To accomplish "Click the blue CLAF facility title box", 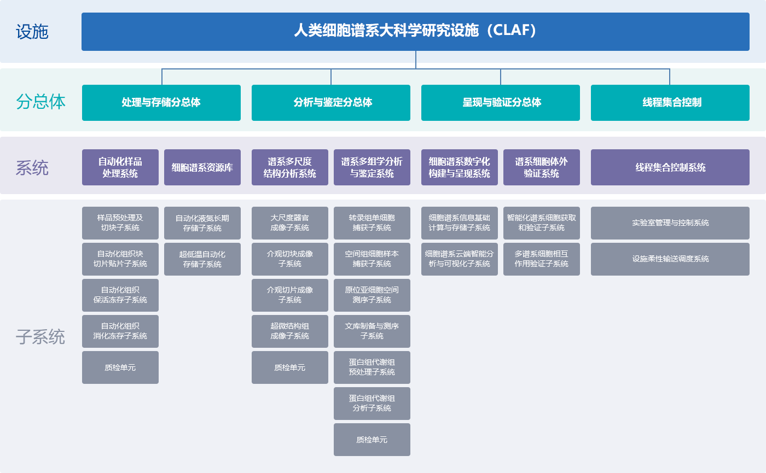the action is point(415,32).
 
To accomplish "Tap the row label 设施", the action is point(32,32).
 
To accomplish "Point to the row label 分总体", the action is point(40,102).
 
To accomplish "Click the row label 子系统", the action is point(40,337).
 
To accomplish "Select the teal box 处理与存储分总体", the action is point(161,103).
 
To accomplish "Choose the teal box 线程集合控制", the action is point(670,103).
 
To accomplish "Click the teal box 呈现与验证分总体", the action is point(501,103).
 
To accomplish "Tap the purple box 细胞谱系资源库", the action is point(202,167).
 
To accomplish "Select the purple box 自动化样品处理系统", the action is point(120,167).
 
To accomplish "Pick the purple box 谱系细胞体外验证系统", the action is point(542,167).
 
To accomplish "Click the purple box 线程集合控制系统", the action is point(670,167).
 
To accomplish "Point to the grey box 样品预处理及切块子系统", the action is point(120,223).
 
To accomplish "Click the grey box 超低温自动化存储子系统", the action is point(202,259).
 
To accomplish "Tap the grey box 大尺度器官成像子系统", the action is point(290,223).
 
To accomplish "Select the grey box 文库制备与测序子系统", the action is point(372,331).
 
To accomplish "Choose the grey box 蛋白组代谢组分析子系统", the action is point(372,404).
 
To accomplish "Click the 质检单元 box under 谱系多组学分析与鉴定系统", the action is point(372,440).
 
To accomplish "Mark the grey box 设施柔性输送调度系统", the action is point(670,259).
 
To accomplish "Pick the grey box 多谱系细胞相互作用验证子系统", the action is point(542,259).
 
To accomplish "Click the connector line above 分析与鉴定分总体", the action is point(331,77).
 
